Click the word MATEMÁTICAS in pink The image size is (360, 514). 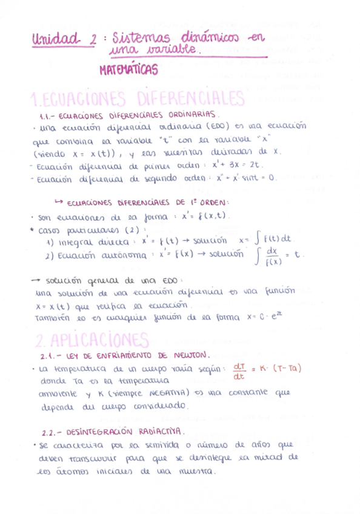pyautogui.click(x=128, y=70)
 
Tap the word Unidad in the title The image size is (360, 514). pyautogui.click(x=58, y=39)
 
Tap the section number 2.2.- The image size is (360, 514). pyautogui.click(x=52, y=433)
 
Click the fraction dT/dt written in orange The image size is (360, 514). pyautogui.click(x=238, y=370)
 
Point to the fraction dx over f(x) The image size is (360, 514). pyautogui.click(x=272, y=256)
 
